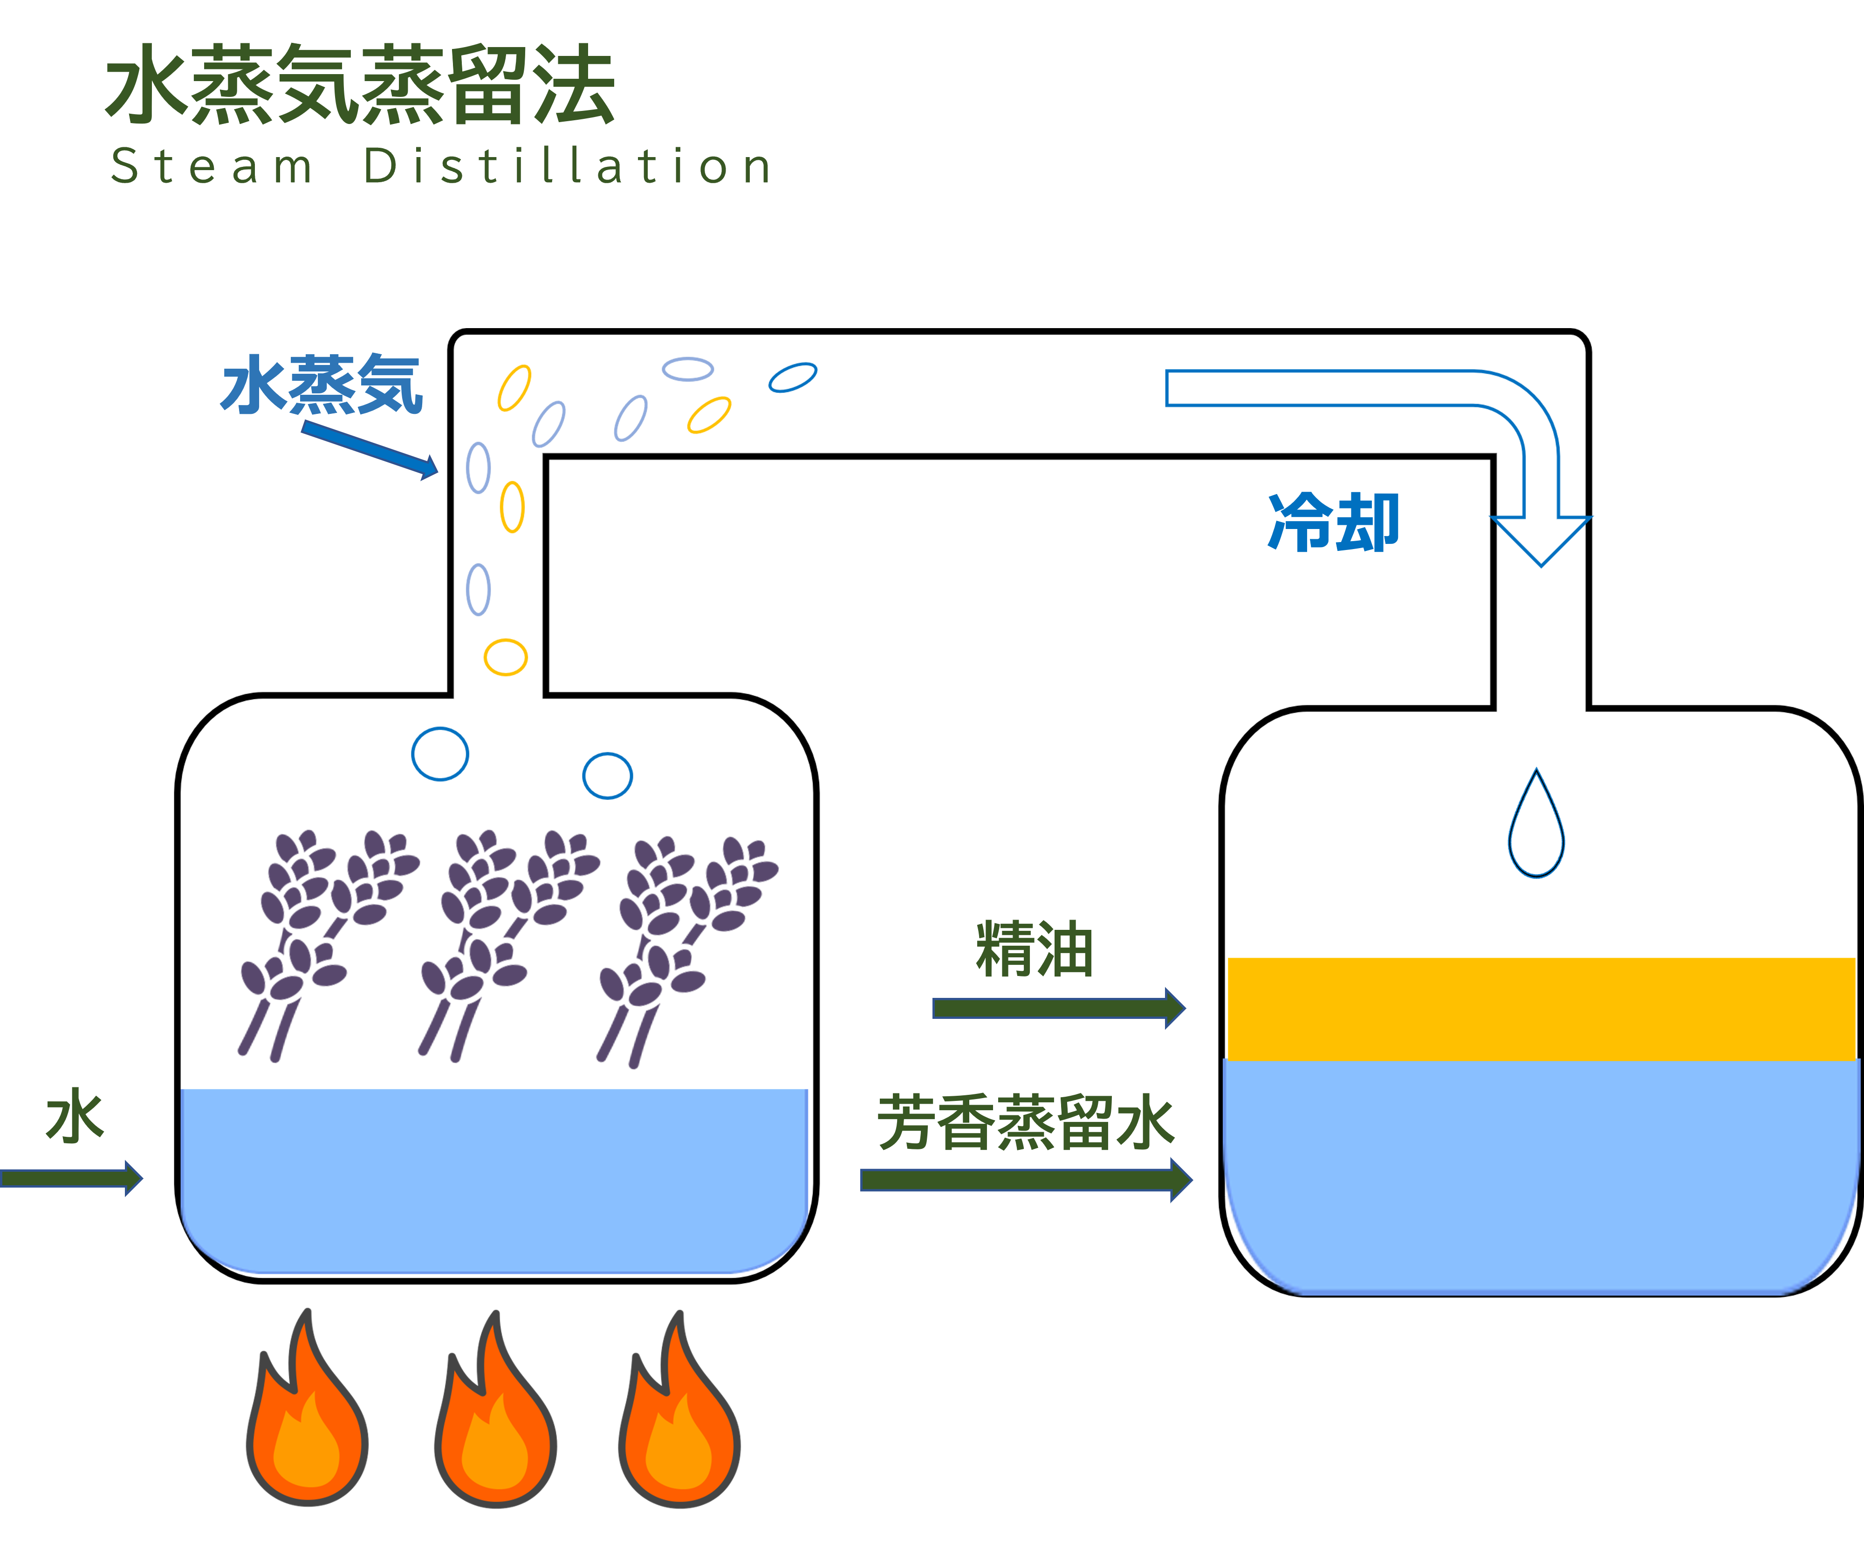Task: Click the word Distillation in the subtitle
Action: coord(568,167)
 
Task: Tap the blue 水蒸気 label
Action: coord(322,385)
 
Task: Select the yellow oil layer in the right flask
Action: coord(1541,1008)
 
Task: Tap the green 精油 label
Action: coord(1034,949)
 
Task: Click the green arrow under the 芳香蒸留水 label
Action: coord(1025,1179)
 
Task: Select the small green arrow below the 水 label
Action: coord(71,1178)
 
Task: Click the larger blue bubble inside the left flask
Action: coord(440,754)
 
